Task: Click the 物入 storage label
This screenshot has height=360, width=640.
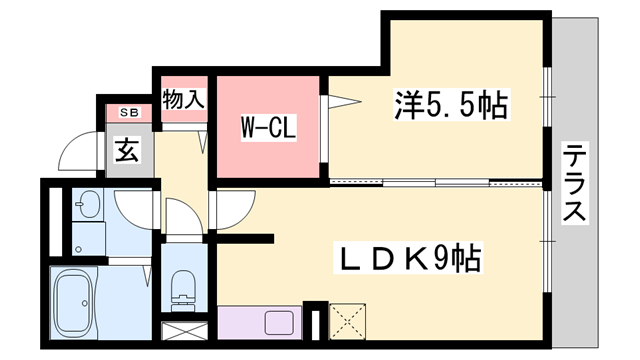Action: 183,99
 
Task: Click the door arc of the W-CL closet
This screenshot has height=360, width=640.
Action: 338,98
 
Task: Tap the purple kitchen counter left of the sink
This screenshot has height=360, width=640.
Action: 240,324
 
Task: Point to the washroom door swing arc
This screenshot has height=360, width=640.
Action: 134,208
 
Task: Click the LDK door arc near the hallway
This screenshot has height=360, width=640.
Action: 230,214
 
